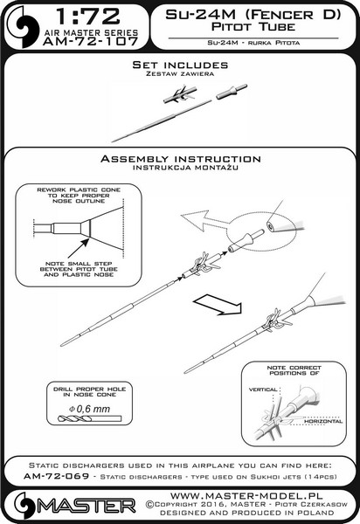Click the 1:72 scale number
(x=88, y=16)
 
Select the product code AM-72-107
(x=91, y=41)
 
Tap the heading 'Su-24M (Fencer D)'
(x=253, y=14)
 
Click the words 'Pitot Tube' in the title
(x=253, y=27)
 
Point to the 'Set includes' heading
(x=180, y=65)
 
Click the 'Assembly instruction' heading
(x=181, y=159)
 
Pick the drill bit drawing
(x=89, y=418)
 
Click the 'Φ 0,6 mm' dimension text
(x=89, y=409)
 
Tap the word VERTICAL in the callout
(x=263, y=390)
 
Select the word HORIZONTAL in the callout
(x=323, y=422)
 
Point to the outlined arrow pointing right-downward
(x=218, y=305)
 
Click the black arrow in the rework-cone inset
(x=79, y=248)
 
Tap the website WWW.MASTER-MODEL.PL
(x=246, y=495)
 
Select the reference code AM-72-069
(x=57, y=476)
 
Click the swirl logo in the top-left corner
(x=23, y=27)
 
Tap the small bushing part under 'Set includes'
(x=232, y=91)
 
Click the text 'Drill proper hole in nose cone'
(x=90, y=391)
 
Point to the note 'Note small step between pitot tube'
(x=79, y=266)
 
